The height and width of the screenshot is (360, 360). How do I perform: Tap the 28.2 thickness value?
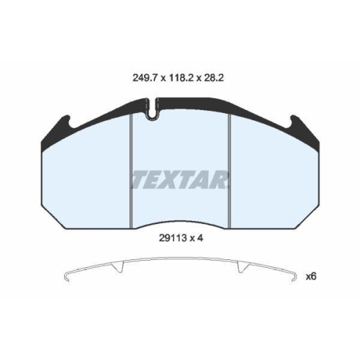pyautogui.click(x=214, y=78)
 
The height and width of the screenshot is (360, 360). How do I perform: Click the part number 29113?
pyautogui.click(x=170, y=238)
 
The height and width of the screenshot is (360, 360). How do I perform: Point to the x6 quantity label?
pyautogui.click(x=311, y=276)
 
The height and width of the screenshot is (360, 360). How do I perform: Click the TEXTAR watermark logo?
pyautogui.click(x=180, y=179)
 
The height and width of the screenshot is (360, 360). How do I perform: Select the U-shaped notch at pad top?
pyautogui.click(x=152, y=109)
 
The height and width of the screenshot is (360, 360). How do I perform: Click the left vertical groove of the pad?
pyautogui.click(x=131, y=171)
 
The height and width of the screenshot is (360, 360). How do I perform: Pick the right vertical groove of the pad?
pyautogui.click(x=230, y=171)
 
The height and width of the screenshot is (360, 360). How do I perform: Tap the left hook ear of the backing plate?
pyautogui.click(x=65, y=121)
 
